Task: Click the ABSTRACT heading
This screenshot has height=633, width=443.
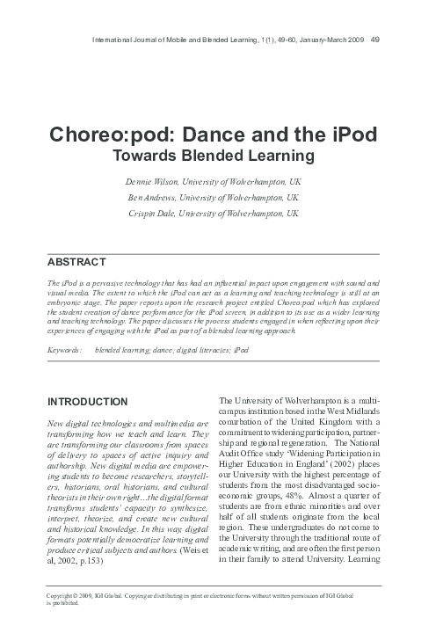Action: coord(76,262)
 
